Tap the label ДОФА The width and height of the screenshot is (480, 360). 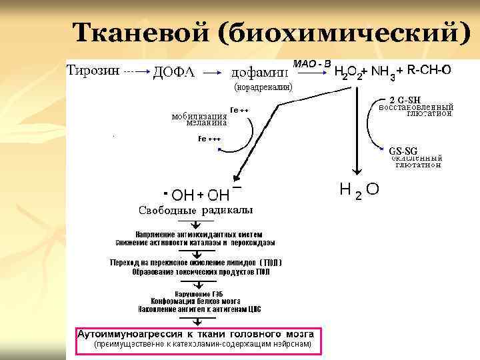(x=174, y=72)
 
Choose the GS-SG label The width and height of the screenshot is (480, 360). (x=403, y=150)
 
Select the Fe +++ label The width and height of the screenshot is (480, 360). (x=209, y=139)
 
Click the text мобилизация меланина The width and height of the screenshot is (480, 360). (x=199, y=119)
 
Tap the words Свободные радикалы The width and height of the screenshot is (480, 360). (x=195, y=211)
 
